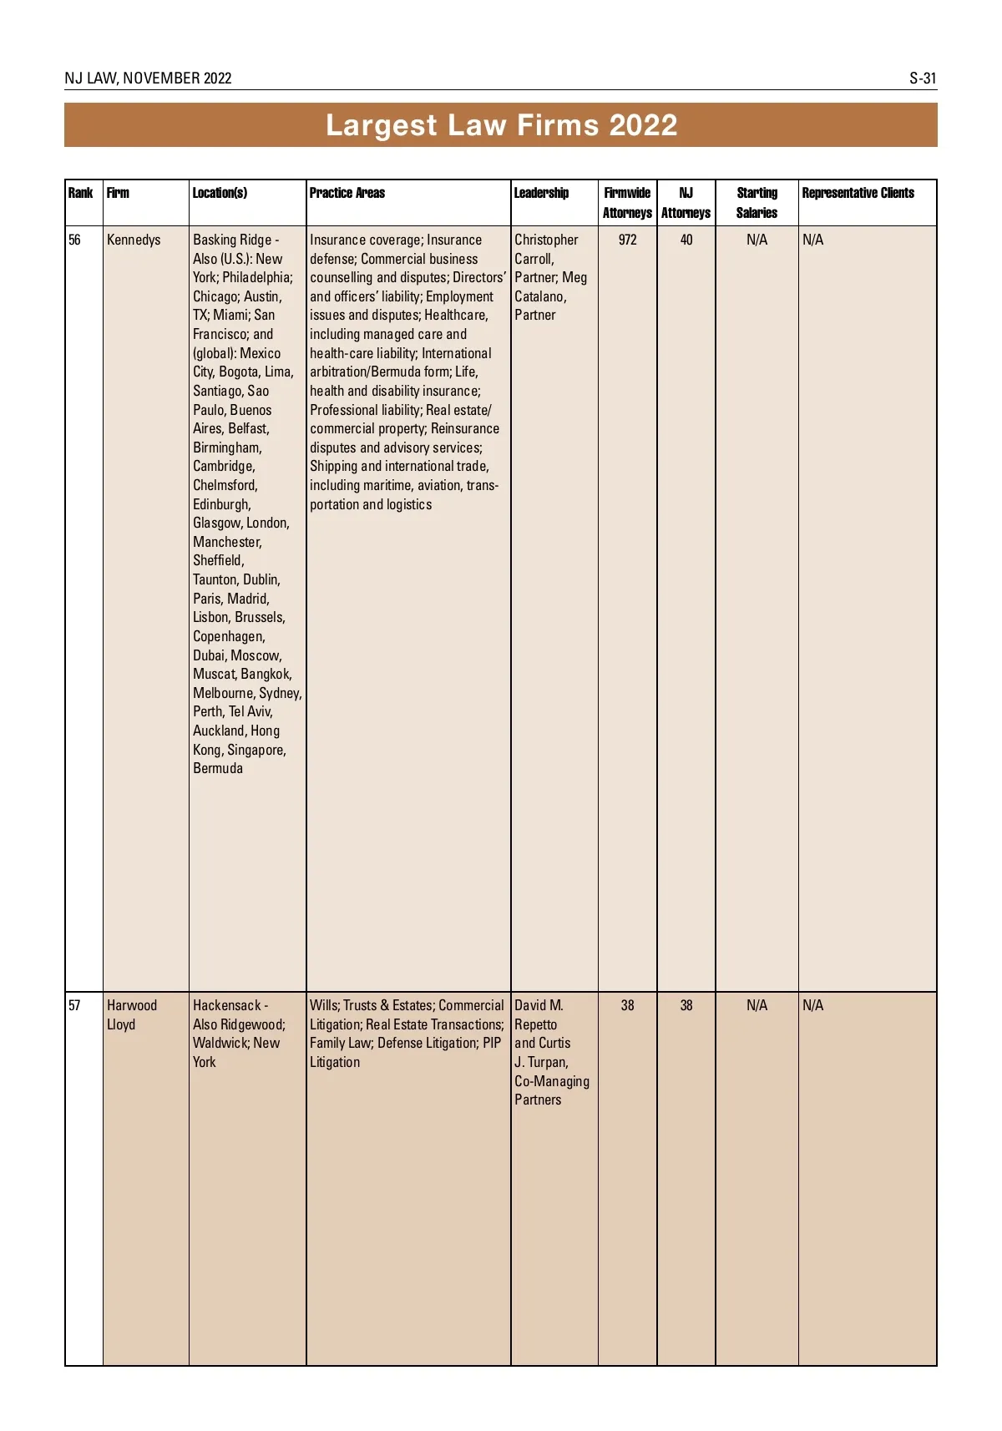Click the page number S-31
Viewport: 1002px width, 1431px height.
click(923, 78)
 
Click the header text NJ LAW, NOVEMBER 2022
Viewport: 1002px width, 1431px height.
click(148, 78)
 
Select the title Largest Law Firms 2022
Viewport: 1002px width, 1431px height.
click(501, 125)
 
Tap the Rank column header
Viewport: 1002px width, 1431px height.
click(80, 193)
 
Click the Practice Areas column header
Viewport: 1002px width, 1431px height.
click(347, 193)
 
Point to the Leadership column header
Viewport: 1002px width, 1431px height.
click(541, 193)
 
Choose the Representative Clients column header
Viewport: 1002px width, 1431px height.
click(858, 193)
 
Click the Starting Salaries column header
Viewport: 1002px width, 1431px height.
click(757, 203)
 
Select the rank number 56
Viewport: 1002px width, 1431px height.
click(75, 240)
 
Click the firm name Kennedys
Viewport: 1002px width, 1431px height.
click(134, 240)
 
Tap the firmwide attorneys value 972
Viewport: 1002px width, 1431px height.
click(627, 240)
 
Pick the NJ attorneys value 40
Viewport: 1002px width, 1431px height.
click(686, 240)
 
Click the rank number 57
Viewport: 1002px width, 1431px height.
click(75, 1005)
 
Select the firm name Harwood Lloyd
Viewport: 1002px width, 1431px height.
click(131, 1014)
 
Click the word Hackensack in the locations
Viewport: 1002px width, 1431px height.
click(226, 1005)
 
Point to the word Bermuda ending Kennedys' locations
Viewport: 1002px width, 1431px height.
click(218, 768)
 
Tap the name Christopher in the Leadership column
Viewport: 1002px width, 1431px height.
click(546, 240)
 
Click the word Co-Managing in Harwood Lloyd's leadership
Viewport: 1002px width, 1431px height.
click(552, 1081)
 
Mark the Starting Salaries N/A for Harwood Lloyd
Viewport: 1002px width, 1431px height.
click(757, 1005)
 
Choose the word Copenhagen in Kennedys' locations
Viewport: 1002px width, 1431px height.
click(228, 636)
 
